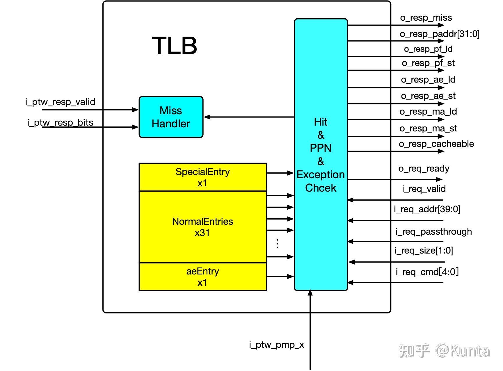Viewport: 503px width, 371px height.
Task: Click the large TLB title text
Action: (x=175, y=46)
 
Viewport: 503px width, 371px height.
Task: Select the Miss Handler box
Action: (x=171, y=117)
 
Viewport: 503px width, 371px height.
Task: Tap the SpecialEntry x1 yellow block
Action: (x=202, y=177)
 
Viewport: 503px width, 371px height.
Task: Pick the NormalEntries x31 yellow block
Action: (x=202, y=227)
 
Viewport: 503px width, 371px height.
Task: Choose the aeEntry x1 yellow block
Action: (x=202, y=277)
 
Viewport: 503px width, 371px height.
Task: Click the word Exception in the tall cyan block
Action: (x=321, y=174)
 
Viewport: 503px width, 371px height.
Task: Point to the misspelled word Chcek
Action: (x=321, y=188)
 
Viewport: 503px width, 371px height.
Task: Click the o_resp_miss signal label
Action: (x=426, y=18)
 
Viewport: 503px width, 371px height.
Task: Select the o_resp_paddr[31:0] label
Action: (x=439, y=34)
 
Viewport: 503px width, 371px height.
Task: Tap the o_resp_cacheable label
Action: (x=436, y=144)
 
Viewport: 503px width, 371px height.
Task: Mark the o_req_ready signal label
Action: (x=424, y=168)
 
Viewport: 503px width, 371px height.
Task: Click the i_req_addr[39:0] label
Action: (x=427, y=209)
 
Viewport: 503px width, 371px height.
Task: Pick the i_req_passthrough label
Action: (x=433, y=231)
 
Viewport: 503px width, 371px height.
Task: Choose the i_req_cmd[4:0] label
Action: (x=427, y=272)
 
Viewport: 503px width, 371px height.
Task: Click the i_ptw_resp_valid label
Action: (x=60, y=102)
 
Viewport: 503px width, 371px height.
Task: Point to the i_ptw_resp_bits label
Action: (x=60, y=122)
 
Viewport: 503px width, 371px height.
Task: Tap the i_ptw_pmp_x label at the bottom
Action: (x=276, y=345)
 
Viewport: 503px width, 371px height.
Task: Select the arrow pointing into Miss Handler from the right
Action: (x=249, y=117)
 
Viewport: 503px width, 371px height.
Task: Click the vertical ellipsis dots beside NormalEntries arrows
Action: (x=277, y=244)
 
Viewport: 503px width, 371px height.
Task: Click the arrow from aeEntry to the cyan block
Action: (x=280, y=277)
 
